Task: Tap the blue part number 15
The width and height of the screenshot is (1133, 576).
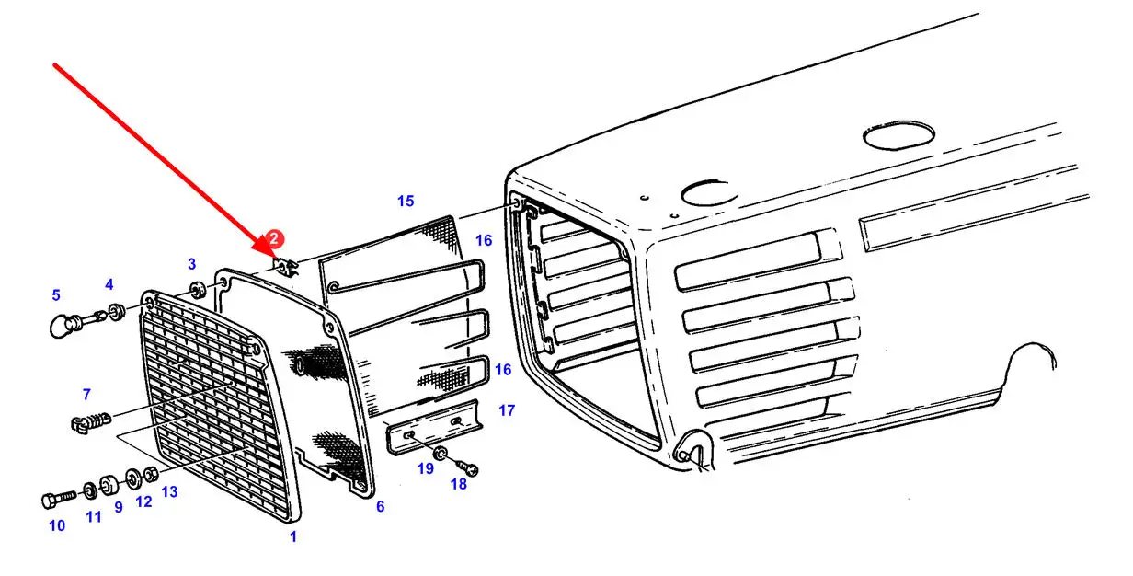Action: [406, 201]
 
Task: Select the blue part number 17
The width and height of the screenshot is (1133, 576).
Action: [507, 409]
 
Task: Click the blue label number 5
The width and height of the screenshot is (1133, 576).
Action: [56, 295]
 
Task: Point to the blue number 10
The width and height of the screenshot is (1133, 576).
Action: [57, 525]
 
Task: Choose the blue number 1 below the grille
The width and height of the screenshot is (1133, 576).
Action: [293, 536]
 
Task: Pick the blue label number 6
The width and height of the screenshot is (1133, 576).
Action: [380, 506]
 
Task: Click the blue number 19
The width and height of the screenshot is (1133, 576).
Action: [424, 468]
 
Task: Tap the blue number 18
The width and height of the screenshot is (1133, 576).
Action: [458, 484]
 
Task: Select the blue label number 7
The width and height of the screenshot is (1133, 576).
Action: [86, 395]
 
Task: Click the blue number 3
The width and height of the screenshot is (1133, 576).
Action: [191, 264]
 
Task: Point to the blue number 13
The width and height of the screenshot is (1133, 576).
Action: [170, 492]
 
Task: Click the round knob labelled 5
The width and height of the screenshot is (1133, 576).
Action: [63, 324]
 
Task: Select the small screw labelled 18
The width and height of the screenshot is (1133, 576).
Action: [472, 469]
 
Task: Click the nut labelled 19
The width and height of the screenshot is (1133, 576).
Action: [441, 454]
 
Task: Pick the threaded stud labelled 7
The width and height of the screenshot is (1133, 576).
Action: [89, 423]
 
